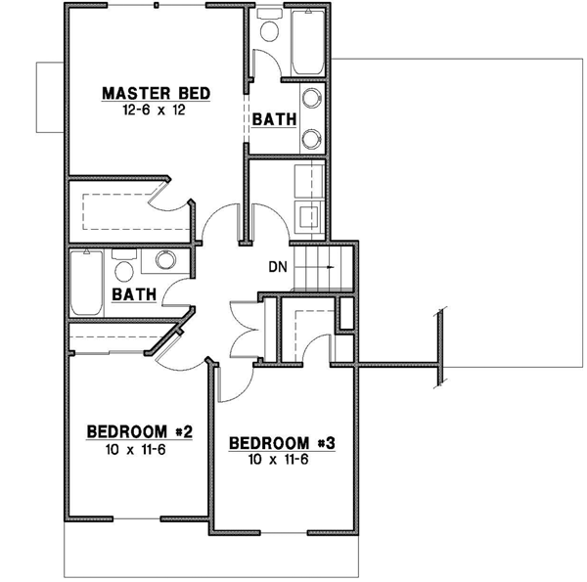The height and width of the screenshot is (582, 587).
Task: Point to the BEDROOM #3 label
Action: tap(282, 443)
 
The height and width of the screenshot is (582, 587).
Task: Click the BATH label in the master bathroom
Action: tap(275, 119)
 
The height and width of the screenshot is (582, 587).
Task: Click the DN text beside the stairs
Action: tap(277, 266)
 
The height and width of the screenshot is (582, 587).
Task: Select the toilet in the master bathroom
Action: tap(269, 30)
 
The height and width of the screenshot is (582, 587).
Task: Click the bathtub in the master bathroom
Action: tap(307, 44)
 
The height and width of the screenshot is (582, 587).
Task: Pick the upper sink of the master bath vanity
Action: tap(311, 98)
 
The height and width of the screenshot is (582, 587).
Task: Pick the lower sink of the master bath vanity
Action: tap(311, 137)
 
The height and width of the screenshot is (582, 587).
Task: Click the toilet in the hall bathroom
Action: tap(123, 267)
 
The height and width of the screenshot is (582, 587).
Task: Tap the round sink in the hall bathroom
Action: tap(164, 260)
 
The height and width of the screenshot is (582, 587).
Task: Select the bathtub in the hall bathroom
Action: tap(86, 283)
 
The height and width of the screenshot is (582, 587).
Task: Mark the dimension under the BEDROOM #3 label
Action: tap(282, 460)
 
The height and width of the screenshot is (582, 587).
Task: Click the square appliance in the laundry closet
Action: tap(309, 216)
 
